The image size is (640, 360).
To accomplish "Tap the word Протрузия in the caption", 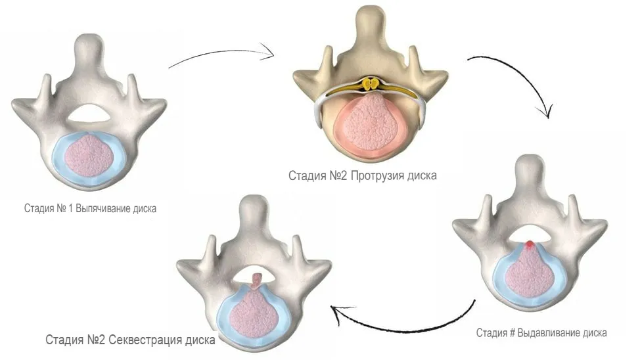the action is tap(378, 175).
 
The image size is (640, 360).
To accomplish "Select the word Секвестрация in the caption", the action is tap(145, 340).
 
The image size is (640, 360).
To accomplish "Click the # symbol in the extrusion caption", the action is tap(512, 333).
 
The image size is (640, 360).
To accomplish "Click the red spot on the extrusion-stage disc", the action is tap(530, 244).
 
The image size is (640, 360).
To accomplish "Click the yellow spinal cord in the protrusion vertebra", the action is tap(371, 84).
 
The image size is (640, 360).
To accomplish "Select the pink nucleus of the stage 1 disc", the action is tap(89, 156).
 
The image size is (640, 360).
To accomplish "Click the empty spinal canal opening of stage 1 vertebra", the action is tap(89, 113).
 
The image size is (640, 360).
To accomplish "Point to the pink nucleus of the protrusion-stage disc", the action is tap(371, 122).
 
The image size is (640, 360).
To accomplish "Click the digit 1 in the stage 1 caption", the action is tap(70, 208).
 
